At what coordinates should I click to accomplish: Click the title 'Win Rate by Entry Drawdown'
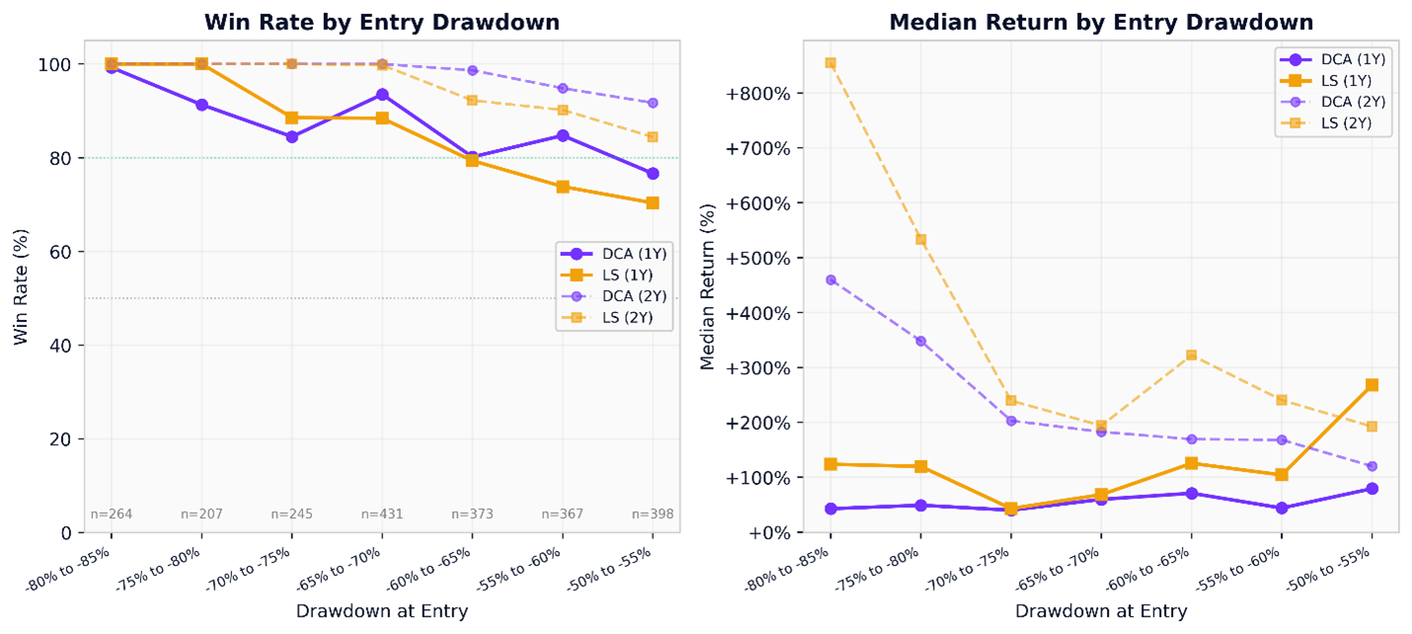381,22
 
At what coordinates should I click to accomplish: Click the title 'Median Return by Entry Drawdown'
1101,22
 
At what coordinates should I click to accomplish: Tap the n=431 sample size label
382,514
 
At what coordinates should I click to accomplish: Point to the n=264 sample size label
112,514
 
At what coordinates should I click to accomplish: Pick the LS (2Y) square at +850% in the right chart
830,63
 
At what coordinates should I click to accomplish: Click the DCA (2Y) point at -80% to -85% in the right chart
830,279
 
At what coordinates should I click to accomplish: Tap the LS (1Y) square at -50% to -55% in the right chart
1372,385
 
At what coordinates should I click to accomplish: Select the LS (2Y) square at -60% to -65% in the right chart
1191,355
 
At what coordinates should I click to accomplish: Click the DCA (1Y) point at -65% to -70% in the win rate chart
382,95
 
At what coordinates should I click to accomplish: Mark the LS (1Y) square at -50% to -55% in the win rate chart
653,202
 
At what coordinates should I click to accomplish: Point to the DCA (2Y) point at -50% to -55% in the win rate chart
653,103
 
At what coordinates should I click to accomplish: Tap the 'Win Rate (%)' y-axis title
21,286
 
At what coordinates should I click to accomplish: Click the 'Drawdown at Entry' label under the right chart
1101,611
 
